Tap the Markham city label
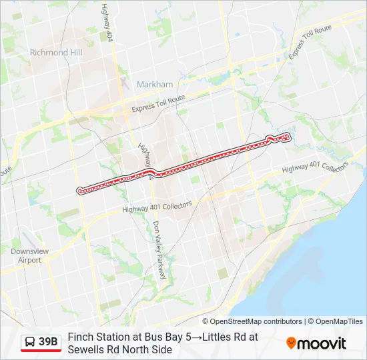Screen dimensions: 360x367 click(x=154, y=85)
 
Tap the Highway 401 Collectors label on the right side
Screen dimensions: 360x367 click(x=314, y=168)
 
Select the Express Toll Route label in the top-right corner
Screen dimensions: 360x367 click(x=310, y=41)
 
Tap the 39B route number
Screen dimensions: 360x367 click(x=48, y=343)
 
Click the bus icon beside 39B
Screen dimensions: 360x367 click(x=30, y=343)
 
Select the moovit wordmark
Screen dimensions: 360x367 click(x=322, y=343)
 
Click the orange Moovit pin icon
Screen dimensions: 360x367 click(x=291, y=343)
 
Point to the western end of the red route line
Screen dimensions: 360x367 click(x=79, y=190)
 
